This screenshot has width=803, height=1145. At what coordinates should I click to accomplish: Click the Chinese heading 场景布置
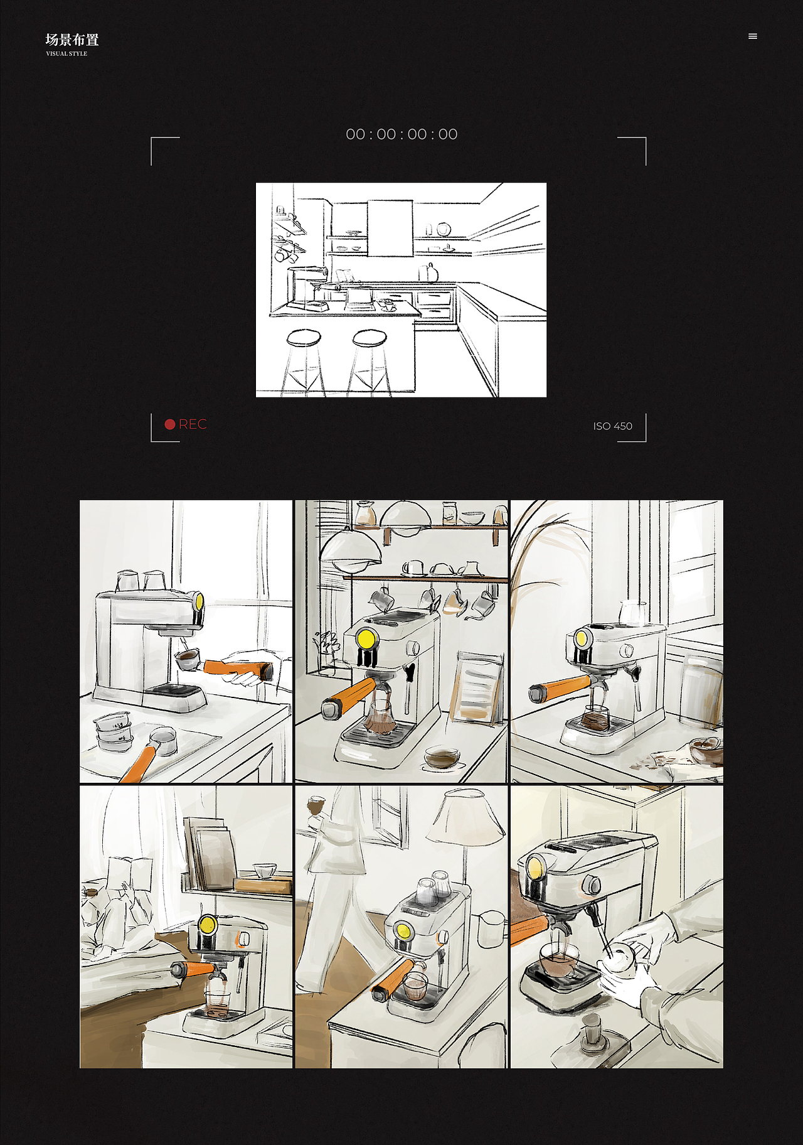(x=72, y=40)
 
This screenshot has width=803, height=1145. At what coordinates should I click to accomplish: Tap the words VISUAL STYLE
(x=66, y=54)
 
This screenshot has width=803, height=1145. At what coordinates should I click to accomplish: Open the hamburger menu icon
(x=753, y=36)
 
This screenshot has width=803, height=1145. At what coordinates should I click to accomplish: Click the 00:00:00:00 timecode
(x=401, y=134)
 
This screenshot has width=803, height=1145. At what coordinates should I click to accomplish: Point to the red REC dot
(x=169, y=424)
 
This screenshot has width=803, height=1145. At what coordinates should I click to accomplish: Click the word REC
(x=193, y=424)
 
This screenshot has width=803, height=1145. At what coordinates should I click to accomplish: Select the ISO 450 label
(x=613, y=426)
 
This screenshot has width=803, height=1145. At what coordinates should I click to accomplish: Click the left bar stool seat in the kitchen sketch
(x=304, y=338)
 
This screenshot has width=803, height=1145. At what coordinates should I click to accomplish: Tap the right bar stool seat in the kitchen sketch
(x=370, y=338)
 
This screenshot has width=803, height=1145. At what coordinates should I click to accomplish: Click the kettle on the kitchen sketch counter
(x=429, y=273)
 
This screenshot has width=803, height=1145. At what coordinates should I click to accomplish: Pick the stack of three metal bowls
(x=113, y=731)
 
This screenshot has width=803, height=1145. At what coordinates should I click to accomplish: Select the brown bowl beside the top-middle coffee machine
(x=442, y=756)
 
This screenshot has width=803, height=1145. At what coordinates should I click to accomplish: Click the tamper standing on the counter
(x=592, y=1033)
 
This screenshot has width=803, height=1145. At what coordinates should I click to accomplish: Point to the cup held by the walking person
(x=316, y=805)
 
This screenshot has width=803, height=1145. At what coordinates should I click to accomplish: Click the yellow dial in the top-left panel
(x=198, y=602)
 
